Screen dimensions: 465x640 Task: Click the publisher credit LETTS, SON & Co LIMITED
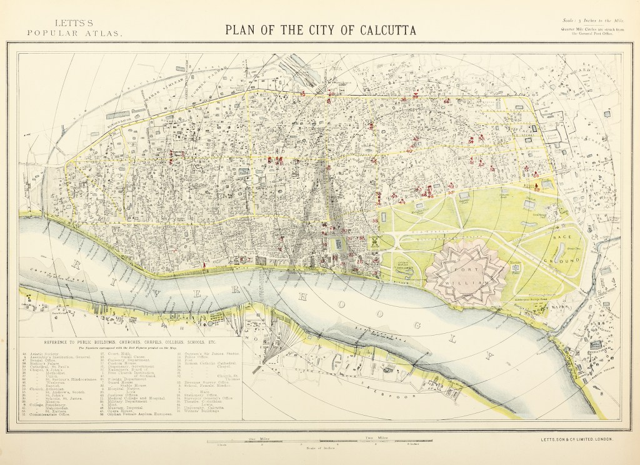[x=577, y=439]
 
